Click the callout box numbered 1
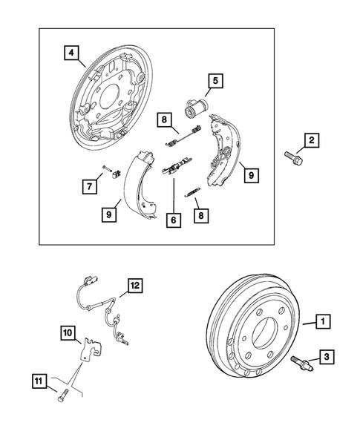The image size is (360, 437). (x=323, y=322)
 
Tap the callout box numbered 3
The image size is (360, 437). (x=326, y=358)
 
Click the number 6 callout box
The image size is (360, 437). (x=174, y=220)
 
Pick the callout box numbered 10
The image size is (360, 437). (x=68, y=334)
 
